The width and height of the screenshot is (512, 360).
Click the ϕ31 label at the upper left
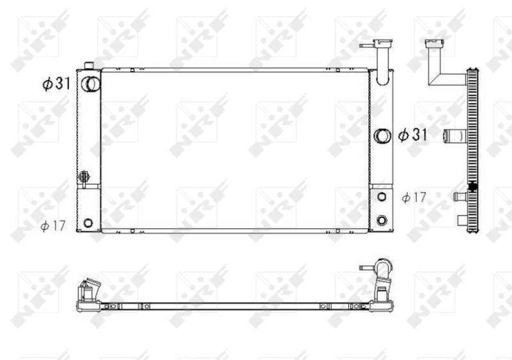[56, 84]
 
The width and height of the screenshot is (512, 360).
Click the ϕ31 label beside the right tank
[413, 135]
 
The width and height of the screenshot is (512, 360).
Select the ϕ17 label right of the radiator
[413, 198]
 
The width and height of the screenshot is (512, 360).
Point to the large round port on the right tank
[382, 136]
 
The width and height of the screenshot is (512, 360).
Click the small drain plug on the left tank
[84, 176]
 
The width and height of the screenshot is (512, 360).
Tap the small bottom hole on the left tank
[88, 223]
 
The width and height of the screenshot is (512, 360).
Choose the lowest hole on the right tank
[382, 221]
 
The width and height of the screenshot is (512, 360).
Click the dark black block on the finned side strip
[474, 187]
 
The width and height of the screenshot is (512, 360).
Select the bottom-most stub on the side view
[463, 221]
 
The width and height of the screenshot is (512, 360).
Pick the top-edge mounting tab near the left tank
[132, 69]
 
